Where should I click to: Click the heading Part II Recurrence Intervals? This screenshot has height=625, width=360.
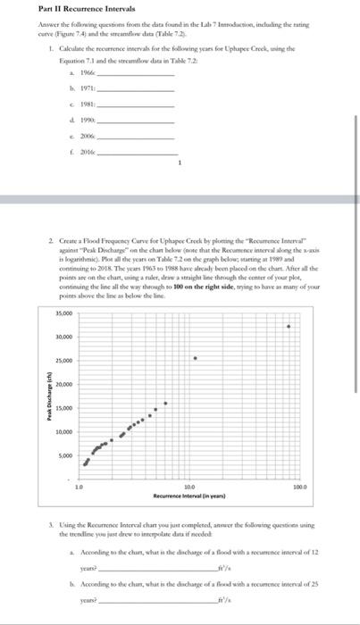[60, 9]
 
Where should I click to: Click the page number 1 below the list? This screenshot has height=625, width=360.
[179, 164]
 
